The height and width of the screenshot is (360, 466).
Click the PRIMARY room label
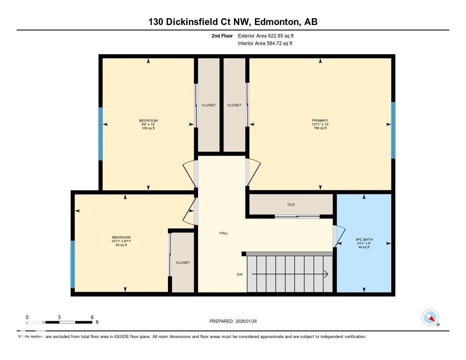[320, 121]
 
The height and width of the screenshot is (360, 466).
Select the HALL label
[223, 233]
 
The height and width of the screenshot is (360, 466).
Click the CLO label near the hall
[291, 204]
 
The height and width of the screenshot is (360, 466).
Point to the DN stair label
[239, 274]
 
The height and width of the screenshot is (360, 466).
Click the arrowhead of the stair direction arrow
[326, 274]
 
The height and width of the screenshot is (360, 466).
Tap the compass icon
[430, 317]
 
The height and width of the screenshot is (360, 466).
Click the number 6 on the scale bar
[92, 317]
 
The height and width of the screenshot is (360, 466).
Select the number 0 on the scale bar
[27, 317]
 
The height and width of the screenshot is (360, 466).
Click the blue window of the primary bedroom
[393, 130]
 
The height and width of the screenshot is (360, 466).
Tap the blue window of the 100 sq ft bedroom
[101, 134]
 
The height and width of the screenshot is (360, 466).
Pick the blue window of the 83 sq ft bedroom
[72, 264]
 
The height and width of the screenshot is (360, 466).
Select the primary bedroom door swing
[253, 172]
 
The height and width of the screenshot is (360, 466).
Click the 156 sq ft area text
[320, 128]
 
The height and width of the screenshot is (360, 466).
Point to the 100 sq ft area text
[148, 128]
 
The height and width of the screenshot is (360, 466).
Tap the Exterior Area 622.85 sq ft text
[269, 35]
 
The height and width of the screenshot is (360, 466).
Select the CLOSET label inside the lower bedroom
[182, 263]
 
